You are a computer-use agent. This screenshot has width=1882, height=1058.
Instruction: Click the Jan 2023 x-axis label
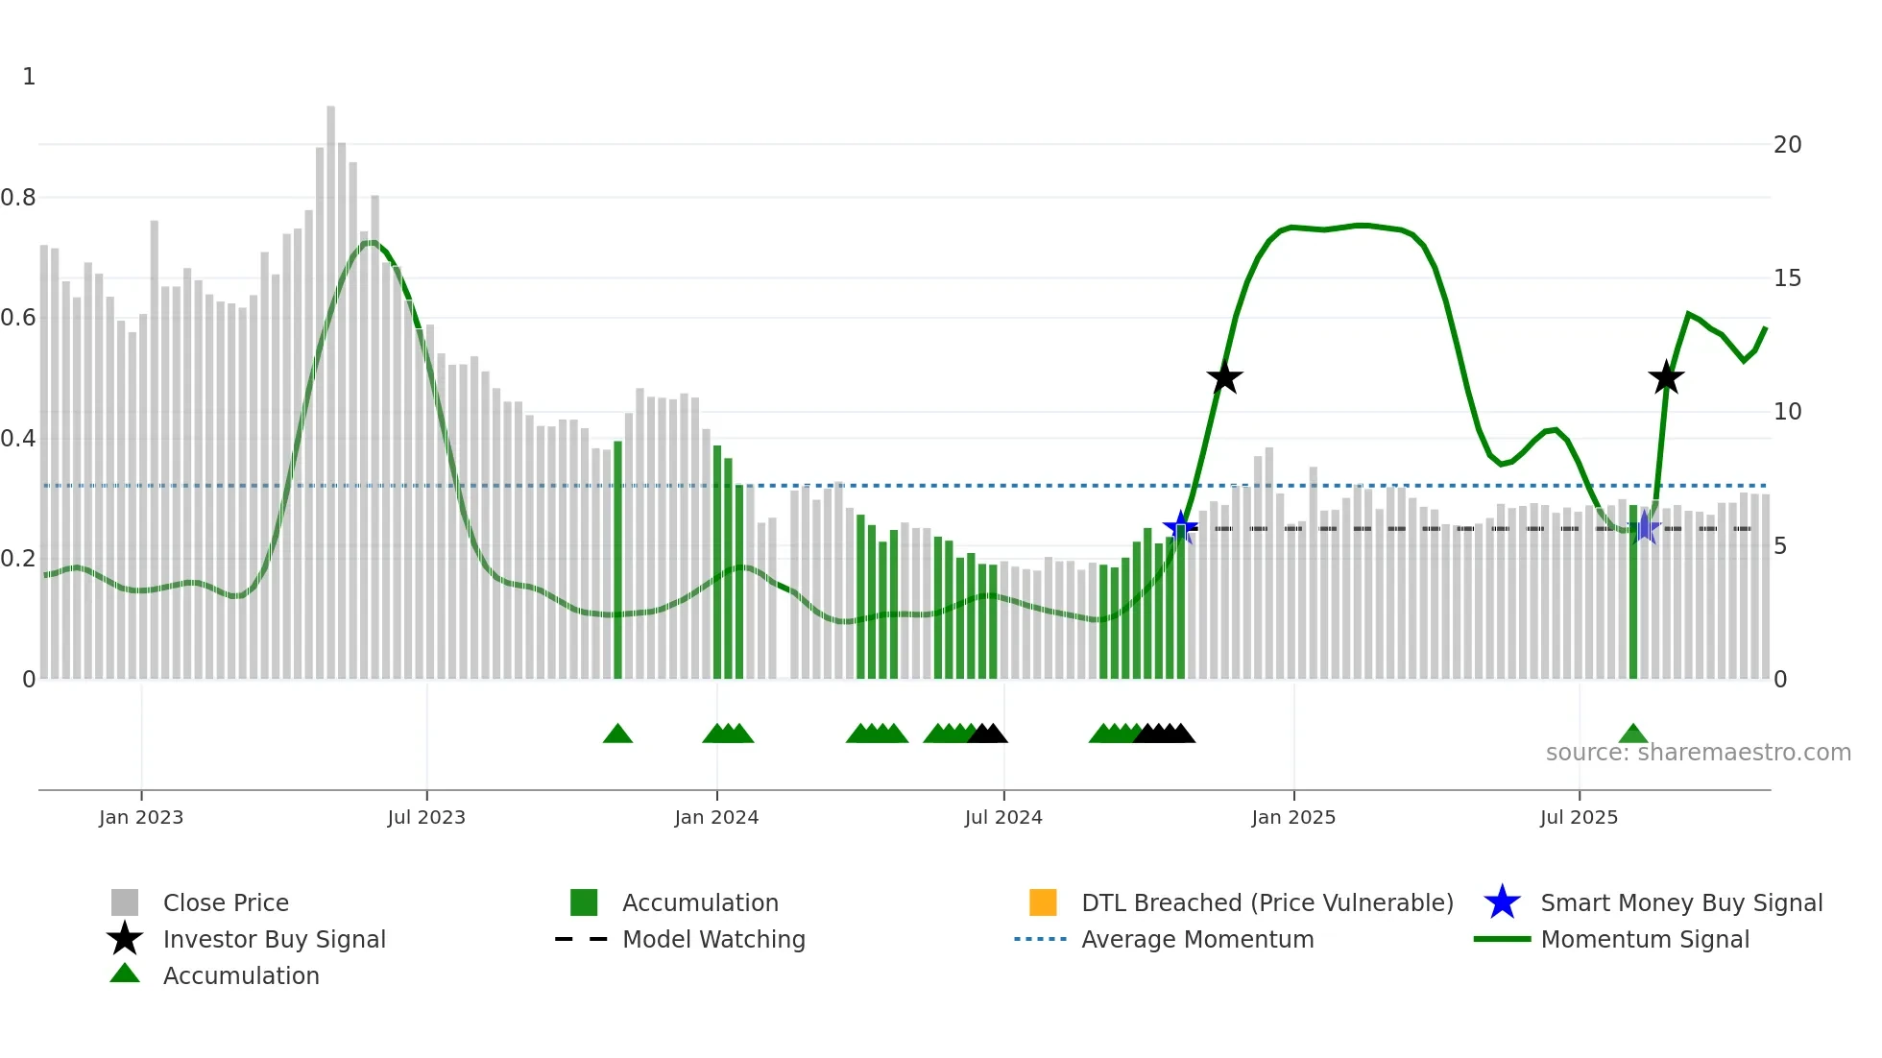141,817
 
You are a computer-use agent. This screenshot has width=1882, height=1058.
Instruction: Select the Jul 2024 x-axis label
1003,817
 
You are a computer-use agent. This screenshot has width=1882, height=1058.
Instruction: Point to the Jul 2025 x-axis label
1579,817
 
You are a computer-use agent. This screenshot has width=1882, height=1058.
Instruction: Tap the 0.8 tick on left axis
18,198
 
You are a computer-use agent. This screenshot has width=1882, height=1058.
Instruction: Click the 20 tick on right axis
1787,145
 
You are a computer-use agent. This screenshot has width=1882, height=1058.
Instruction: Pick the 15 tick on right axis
1787,278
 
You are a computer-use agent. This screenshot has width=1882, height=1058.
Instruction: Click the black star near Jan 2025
1224,378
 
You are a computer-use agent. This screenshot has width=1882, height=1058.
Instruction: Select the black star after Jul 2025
1666,378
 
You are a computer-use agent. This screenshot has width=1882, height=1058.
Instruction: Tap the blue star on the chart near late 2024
1180,527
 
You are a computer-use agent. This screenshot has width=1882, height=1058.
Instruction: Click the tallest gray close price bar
331,384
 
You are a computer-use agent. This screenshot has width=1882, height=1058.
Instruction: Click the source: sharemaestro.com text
1698,753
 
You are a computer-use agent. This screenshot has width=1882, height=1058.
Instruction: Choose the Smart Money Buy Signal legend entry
1680,902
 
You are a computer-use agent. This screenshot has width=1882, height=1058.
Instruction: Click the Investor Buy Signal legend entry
274,939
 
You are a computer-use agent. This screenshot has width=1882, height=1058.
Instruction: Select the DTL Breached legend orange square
1043,902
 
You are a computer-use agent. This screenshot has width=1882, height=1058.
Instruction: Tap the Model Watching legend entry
712,939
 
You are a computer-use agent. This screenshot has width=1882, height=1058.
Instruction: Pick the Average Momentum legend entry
1196,939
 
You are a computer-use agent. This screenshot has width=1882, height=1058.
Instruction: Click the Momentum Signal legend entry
1644,939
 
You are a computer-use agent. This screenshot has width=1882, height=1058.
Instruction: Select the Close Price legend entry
225,902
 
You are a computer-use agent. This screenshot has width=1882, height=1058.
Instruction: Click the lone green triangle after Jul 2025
1632,734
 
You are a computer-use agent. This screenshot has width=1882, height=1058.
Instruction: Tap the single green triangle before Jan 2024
617,734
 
